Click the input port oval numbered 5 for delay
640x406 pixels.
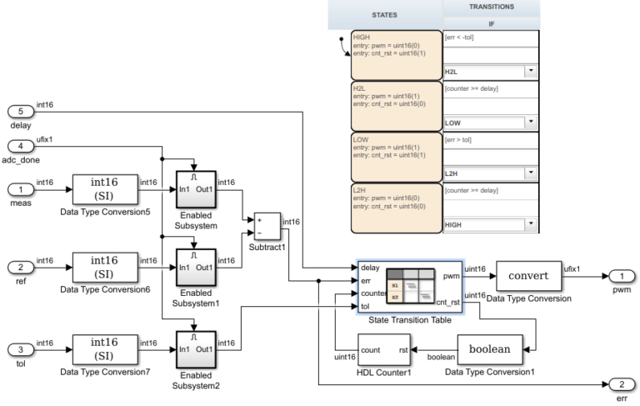click(x=20, y=112)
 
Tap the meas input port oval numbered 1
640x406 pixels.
click(x=20, y=188)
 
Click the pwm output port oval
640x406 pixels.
click(x=620, y=276)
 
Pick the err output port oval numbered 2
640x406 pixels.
click(x=620, y=385)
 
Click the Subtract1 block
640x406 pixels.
click(x=267, y=225)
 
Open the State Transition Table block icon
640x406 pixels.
click(x=408, y=283)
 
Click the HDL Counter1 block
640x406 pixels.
click(x=384, y=350)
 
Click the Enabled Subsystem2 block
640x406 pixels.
click(x=197, y=350)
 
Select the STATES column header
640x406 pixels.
click(x=383, y=15)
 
